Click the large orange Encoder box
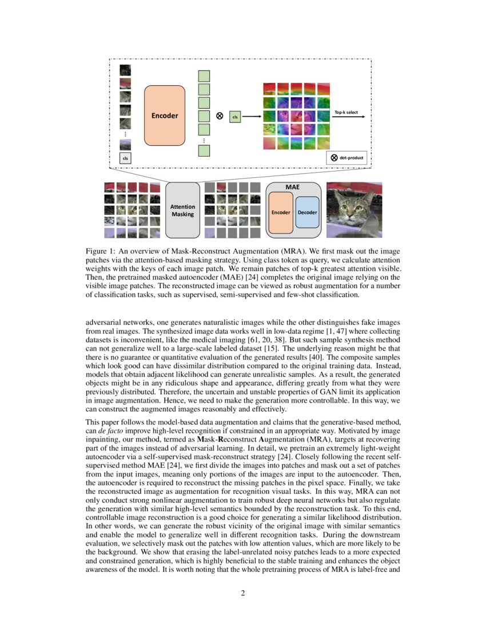[x=165, y=116]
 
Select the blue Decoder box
[x=308, y=212]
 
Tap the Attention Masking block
[x=183, y=210]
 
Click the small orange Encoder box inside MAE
[x=281, y=212]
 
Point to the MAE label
[x=292, y=186]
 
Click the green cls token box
[x=234, y=117]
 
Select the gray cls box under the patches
[x=125, y=157]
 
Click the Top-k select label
[x=346, y=112]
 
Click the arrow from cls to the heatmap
[x=250, y=117]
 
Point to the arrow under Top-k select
[x=348, y=117]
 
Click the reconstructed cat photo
[x=354, y=209]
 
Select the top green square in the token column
[x=204, y=76]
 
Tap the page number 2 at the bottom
[x=243, y=593]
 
